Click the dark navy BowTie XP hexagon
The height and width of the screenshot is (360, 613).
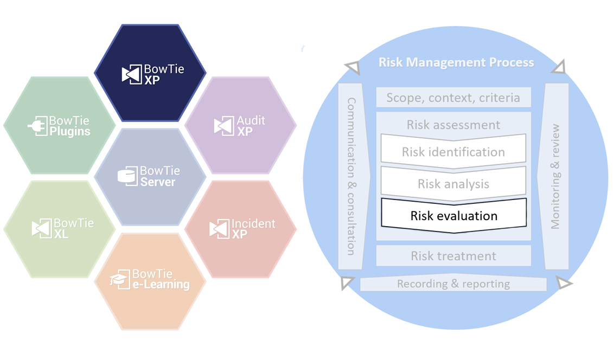150,73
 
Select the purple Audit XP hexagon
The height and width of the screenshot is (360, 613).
240,125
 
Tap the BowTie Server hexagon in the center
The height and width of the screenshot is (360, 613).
150,177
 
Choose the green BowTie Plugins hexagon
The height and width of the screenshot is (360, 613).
60,125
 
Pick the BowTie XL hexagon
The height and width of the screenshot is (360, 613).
60,229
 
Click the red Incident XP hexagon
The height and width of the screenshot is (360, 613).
240,229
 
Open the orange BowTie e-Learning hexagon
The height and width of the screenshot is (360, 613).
150,280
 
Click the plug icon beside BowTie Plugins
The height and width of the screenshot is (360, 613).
37,126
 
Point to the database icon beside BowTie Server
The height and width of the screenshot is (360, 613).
127,177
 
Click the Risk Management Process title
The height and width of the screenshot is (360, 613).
456,62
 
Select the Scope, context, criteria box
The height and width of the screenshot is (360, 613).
453,98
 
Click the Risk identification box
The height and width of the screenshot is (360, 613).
453,152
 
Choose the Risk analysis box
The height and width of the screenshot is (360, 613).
453,184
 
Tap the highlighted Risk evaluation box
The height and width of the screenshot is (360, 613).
453,215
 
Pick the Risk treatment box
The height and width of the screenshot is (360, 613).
453,256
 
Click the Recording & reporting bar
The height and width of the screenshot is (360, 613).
453,284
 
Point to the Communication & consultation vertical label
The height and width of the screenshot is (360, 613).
351,176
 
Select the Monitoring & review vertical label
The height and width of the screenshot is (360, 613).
555,176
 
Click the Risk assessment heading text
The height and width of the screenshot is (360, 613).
453,125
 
